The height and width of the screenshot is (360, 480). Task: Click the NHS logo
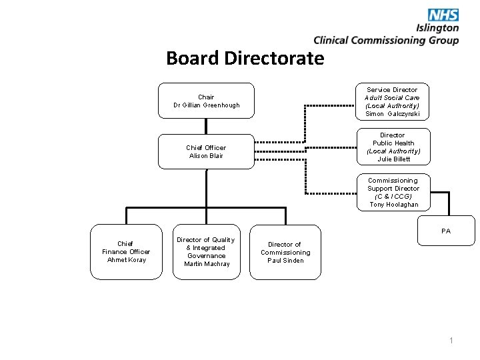(443, 15)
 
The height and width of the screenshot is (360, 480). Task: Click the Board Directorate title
(245, 59)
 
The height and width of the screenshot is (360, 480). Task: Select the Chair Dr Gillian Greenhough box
(206, 101)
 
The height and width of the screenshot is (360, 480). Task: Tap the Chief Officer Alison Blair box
(206, 152)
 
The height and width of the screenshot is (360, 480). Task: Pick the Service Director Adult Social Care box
(393, 101)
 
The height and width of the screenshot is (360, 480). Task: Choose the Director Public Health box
(393, 147)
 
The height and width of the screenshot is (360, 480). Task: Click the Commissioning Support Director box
(393, 192)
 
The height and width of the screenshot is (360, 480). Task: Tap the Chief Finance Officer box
(126, 251)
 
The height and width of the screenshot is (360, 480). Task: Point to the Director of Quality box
(206, 251)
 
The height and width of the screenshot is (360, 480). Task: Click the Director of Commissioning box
(285, 252)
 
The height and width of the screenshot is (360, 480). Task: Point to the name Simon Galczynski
(393, 114)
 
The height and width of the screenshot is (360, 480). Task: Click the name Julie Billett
(393, 159)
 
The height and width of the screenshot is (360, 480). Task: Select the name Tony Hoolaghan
(393, 205)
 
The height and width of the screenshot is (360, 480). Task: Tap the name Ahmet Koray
(126, 260)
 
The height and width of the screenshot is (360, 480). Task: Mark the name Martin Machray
(207, 264)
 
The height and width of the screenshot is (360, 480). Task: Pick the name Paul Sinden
(285, 261)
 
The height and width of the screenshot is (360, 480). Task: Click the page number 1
(451, 341)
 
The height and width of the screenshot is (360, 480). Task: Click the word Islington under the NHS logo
(437, 28)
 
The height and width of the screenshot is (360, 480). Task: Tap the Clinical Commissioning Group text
(386, 40)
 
